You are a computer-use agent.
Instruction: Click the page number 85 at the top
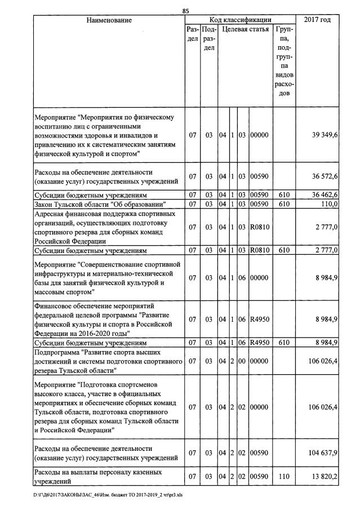[186, 11]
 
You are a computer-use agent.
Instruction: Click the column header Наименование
[109, 20]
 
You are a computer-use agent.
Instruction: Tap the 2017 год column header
[317, 20]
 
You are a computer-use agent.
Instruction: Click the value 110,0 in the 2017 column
[328, 204]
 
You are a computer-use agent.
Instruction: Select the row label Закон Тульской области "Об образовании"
[99, 204]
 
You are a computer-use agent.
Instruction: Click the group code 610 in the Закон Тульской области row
[285, 204]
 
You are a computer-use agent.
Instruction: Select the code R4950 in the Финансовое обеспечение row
[260, 319]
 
